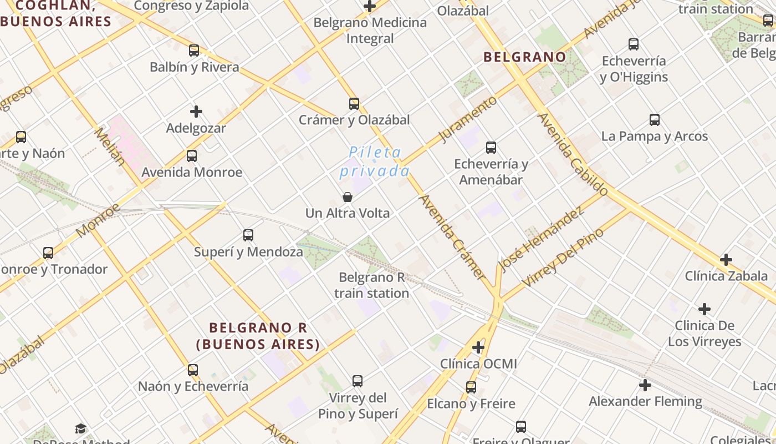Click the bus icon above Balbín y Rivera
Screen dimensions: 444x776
tap(194, 51)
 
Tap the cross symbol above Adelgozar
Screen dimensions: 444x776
tap(196, 112)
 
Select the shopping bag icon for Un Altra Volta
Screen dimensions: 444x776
tap(348, 197)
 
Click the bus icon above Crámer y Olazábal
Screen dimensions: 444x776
tap(354, 103)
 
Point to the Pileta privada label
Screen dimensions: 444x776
tap(375, 161)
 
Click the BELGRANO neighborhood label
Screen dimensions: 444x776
tap(524, 57)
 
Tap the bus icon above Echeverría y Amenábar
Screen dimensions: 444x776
tap(491, 148)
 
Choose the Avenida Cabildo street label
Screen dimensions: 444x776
tap(573, 154)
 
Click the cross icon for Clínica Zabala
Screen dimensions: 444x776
tap(726, 259)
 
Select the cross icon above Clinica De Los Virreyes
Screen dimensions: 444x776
tap(704, 309)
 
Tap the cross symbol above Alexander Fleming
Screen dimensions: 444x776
tap(645, 385)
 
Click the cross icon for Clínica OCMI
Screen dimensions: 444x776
tap(478, 347)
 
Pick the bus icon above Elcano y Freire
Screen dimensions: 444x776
tap(471, 387)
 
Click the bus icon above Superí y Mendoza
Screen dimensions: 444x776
tap(248, 235)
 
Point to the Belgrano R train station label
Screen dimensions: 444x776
tap(372, 285)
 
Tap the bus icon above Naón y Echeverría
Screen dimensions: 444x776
tap(193, 370)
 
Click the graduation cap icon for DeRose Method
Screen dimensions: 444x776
tap(81, 428)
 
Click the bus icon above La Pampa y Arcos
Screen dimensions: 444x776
tap(655, 120)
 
